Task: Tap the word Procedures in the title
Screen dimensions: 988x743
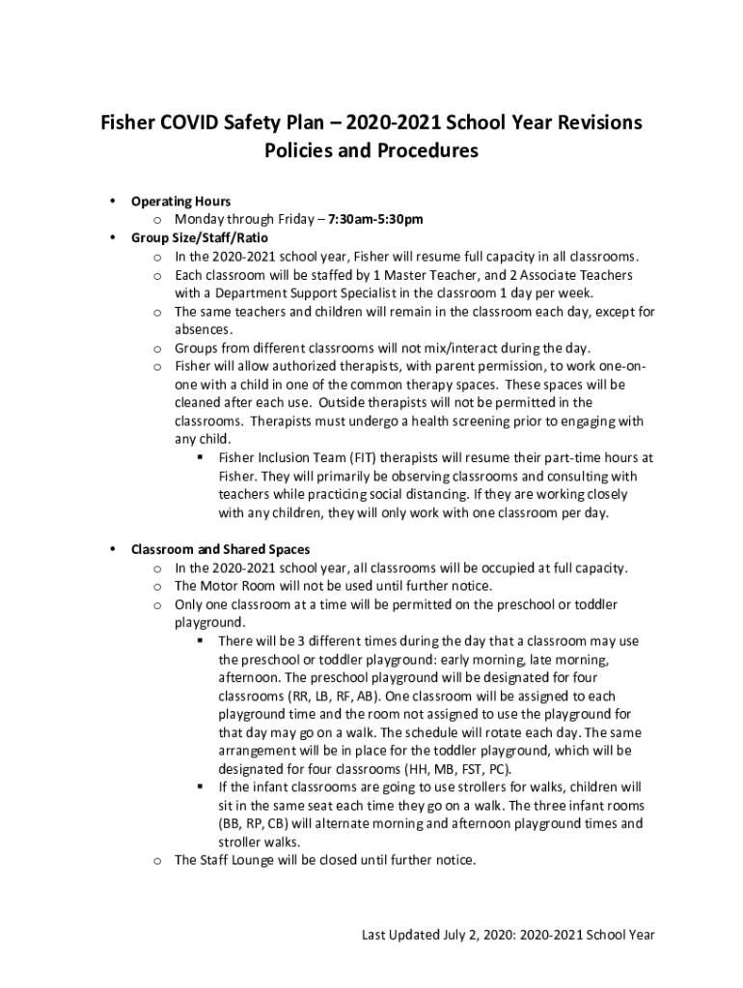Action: click(427, 151)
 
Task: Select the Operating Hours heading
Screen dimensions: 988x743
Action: click(180, 202)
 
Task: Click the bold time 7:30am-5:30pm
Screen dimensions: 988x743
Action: click(375, 219)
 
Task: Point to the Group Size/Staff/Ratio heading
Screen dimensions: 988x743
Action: click(200, 237)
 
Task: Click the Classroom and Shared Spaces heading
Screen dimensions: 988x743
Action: click(228, 550)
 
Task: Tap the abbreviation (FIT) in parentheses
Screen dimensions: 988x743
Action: click(359, 457)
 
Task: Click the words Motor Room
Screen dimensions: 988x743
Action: click(237, 586)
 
